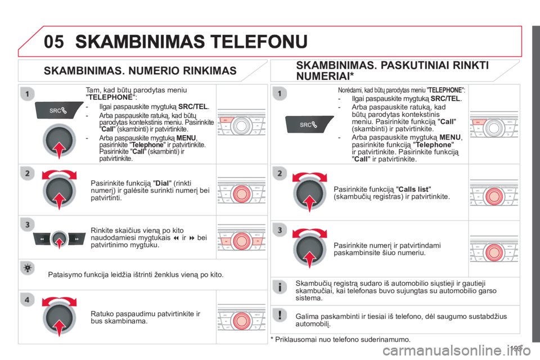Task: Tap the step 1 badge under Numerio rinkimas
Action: (25, 92)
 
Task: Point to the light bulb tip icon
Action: (25, 270)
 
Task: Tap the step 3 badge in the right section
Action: (279, 229)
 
